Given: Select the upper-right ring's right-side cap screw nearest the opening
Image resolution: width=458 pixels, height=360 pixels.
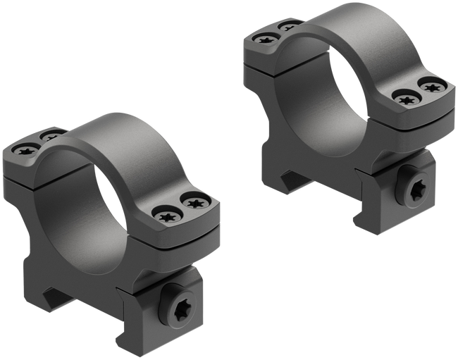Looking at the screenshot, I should tap(405, 99).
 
